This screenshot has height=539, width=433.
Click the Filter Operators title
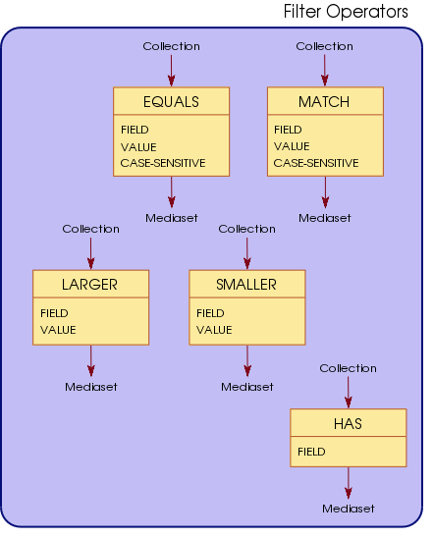pos(346,13)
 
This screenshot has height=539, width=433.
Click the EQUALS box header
pos(171,101)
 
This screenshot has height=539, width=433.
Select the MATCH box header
pos(324,101)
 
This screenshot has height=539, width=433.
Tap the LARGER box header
pos(89,285)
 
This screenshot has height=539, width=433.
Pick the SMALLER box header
pos(245,285)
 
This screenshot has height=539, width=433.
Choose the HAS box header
pos(348,423)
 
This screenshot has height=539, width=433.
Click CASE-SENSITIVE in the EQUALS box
pos(163,163)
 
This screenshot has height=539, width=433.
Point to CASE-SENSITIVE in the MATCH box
pos(316,163)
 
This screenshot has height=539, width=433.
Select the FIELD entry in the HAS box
pos(312,452)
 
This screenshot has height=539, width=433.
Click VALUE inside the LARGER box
pos(58,330)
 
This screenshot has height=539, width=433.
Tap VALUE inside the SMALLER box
pos(214,330)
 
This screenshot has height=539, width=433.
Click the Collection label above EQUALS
pos(171,46)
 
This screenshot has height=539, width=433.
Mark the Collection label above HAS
pos(348,368)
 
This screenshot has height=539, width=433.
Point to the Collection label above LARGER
pos(90,229)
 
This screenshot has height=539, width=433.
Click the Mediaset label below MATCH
pos(324,217)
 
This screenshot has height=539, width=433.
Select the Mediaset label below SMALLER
pos(246,387)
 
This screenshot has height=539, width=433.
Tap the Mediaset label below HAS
pos(348,509)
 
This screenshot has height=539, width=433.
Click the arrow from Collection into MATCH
pos(325,70)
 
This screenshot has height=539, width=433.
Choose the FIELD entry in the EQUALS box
pos(135,130)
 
